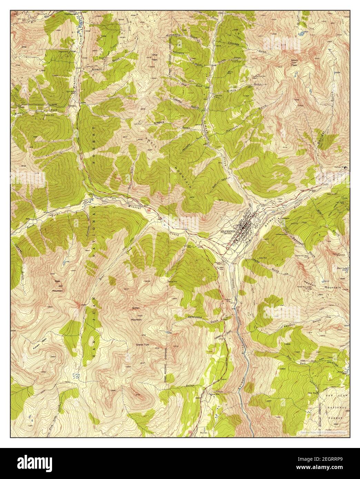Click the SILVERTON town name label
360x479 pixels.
[228, 231]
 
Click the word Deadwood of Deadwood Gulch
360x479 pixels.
[195, 317]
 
